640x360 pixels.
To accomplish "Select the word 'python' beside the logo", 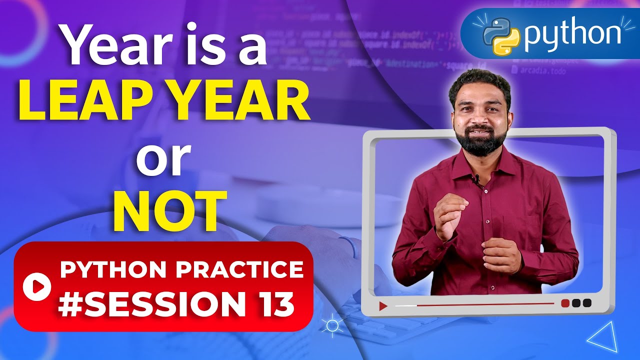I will (x=571, y=35).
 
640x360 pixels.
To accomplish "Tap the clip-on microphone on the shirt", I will (x=476, y=177).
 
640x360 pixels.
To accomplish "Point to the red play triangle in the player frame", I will (x=383, y=306).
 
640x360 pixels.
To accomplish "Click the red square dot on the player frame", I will (x=565, y=303).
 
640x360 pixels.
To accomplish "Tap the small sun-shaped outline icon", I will (x=331, y=326).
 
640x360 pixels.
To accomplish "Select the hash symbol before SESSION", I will (x=69, y=304).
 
